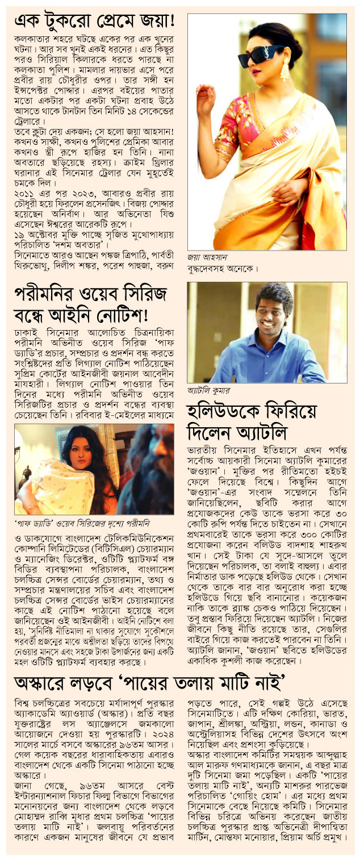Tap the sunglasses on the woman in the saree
(x=261, y=54)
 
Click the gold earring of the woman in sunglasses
(x=284, y=70)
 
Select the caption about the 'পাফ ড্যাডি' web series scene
(x=85, y=522)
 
